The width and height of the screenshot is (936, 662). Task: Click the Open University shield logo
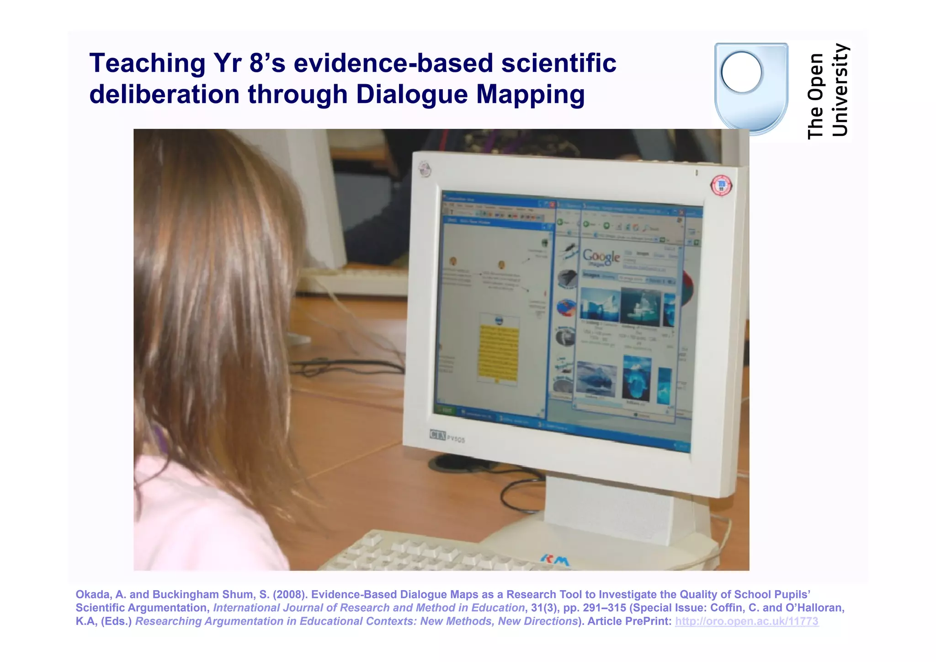pyautogui.click(x=751, y=88)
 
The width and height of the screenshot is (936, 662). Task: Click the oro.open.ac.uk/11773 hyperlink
pyautogui.click(x=746, y=621)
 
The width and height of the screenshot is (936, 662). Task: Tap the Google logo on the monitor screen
pyautogui.click(x=601, y=257)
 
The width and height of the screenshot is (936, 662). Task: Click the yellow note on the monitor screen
pyautogui.click(x=498, y=352)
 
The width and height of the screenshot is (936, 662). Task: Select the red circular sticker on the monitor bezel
pyautogui.click(x=721, y=185)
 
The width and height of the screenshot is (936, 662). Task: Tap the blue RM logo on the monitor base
pyautogui.click(x=555, y=560)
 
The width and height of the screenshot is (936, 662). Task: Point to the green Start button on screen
pyautogui.click(x=445, y=410)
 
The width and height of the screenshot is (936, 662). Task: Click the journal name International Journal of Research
pyautogui.click(x=368, y=608)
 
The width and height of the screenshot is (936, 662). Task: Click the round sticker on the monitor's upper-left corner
pyautogui.click(x=425, y=170)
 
